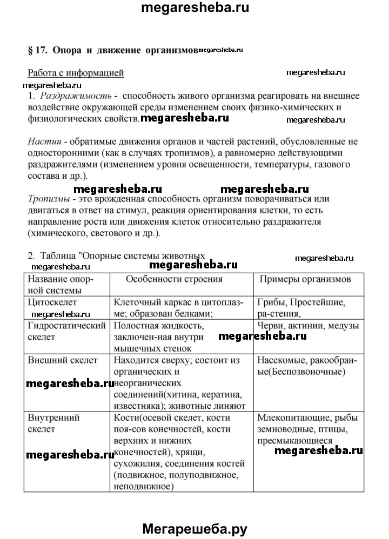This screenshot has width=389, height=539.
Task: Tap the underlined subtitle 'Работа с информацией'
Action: tap(76, 73)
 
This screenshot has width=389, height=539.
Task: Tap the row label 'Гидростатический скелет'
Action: tap(65, 331)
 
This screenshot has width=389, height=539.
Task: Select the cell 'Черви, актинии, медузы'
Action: tap(308, 326)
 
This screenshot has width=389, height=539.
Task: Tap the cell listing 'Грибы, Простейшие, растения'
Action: tap(302, 308)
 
